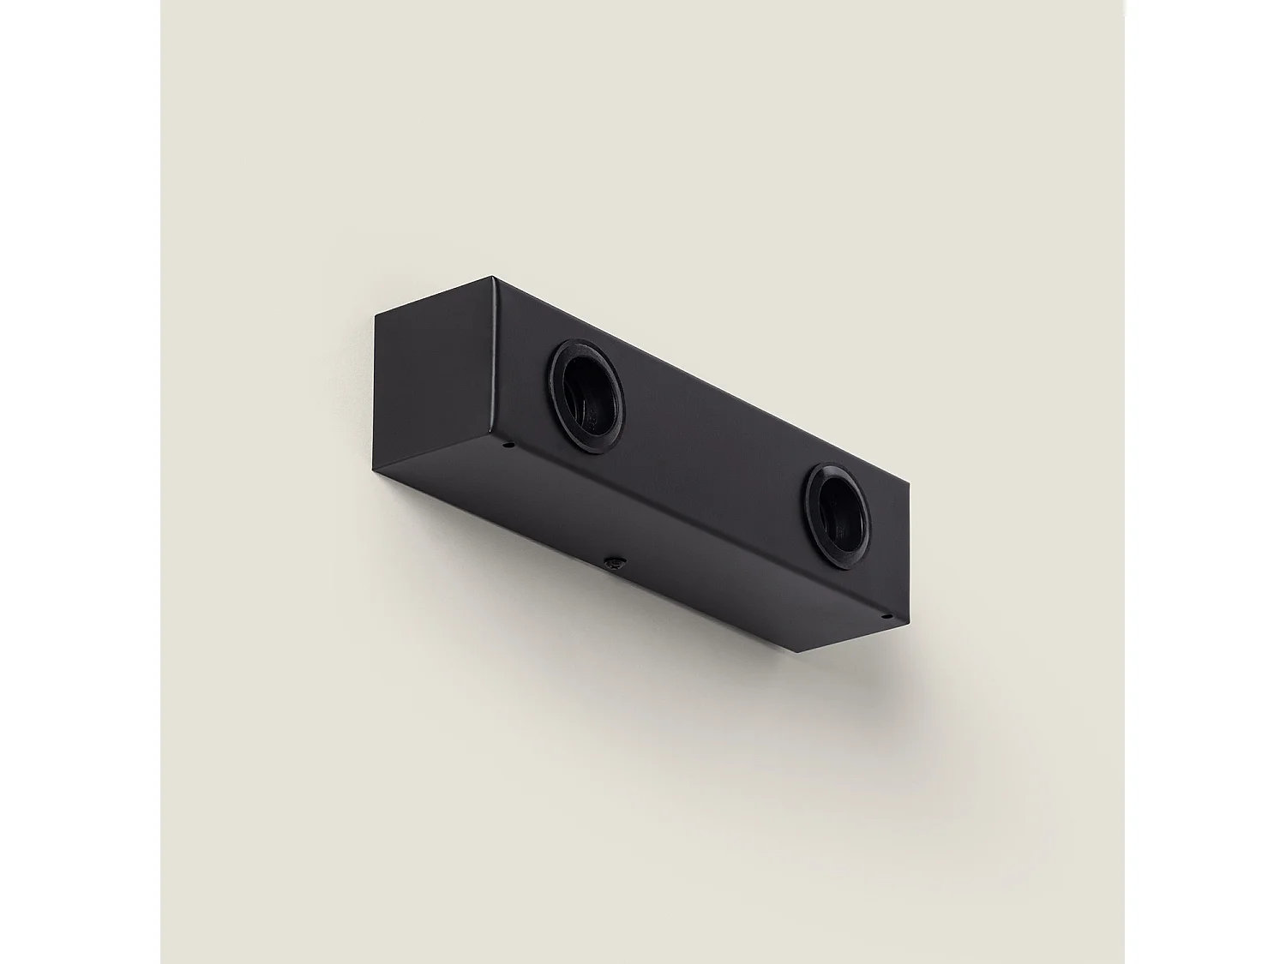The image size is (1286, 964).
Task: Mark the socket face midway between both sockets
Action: point(712,446)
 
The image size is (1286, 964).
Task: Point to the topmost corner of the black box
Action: point(492,277)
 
